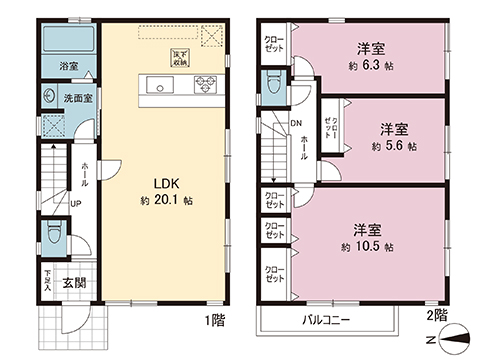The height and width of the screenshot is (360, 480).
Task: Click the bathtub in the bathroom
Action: pyautogui.click(x=68, y=43)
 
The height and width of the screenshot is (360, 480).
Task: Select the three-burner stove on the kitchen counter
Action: pyautogui.click(x=205, y=84)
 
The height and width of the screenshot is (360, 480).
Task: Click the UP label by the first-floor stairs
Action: pyautogui.click(x=75, y=203)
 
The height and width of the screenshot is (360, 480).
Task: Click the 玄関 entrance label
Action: pyautogui.click(x=73, y=283)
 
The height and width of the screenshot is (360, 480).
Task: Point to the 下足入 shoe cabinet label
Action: pyautogui.click(x=47, y=279)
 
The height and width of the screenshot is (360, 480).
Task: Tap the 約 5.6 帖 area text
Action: pyautogui.click(x=393, y=146)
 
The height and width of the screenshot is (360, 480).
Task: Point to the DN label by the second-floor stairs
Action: pyautogui.click(x=297, y=124)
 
